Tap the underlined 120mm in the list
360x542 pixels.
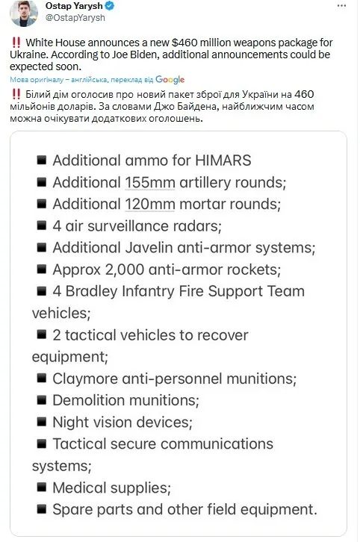pos(148,204)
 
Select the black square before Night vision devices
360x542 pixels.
pos(40,422)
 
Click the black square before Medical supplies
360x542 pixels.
pos(40,488)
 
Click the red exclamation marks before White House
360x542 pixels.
pos(16,41)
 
